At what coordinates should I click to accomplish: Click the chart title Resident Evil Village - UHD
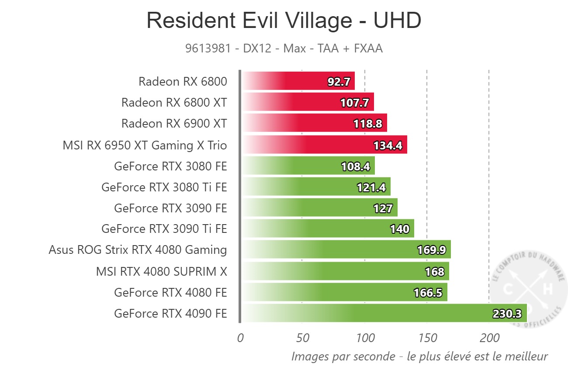click(x=284, y=21)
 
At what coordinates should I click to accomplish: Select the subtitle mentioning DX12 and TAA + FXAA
click(x=284, y=48)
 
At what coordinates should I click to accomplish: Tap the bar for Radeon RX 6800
click(x=297, y=81)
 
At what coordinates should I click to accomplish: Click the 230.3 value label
click(x=508, y=314)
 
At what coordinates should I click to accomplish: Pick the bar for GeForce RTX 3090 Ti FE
click(x=328, y=229)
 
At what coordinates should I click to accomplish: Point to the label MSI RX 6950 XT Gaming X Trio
click(x=145, y=145)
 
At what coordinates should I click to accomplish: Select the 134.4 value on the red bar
click(x=388, y=145)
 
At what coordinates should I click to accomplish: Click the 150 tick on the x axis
click(x=427, y=338)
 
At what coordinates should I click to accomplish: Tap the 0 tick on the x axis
click(x=240, y=338)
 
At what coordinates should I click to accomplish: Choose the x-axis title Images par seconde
click(x=419, y=356)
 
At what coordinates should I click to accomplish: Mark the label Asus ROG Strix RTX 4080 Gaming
click(x=138, y=250)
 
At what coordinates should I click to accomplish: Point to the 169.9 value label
click(x=431, y=250)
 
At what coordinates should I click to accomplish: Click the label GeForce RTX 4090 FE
click(x=170, y=314)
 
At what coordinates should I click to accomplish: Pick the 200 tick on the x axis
click(x=489, y=338)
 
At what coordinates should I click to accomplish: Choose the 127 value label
click(x=383, y=208)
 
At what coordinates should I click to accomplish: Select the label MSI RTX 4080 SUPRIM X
click(x=162, y=271)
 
